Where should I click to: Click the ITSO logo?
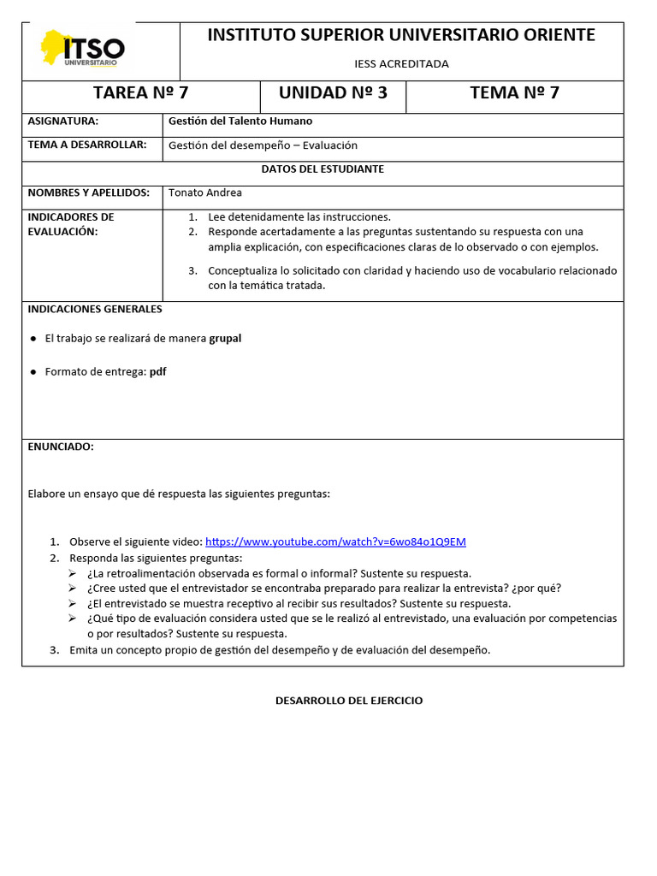(x=82, y=49)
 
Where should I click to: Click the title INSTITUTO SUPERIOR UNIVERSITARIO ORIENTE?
(x=401, y=35)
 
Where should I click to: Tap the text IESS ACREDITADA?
(x=401, y=63)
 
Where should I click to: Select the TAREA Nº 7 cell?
(x=140, y=93)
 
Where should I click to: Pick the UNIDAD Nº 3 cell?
(x=333, y=93)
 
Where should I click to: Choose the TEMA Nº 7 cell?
(x=514, y=93)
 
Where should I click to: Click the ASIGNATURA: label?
(x=63, y=121)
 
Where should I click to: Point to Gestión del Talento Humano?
(x=240, y=121)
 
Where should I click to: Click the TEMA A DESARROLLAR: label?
(x=87, y=145)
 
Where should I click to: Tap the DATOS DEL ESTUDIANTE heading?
(x=323, y=169)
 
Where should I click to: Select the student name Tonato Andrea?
(x=205, y=193)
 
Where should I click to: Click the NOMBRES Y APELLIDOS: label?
(x=89, y=193)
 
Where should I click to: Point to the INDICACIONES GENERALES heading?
(x=95, y=309)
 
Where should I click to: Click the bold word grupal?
(x=225, y=339)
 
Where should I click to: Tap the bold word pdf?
(x=157, y=372)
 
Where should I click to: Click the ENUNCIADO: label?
(x=61, y=447)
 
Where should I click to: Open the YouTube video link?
(x=335, y=542)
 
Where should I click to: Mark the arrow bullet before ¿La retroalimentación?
(x=74, y=574)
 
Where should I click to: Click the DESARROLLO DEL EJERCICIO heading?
(x=349, y=701)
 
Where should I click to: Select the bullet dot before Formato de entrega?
(x=33, y=372)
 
